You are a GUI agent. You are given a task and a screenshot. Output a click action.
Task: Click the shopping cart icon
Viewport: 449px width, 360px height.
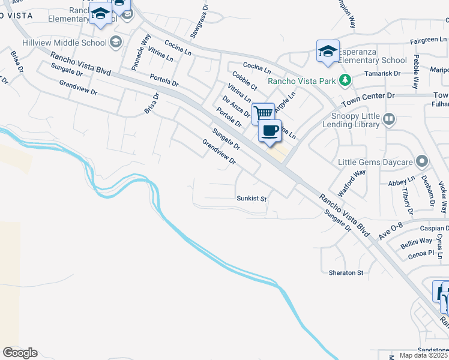pos(263,113)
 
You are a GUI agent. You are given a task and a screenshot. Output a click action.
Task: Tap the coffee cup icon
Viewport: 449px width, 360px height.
pos(270,130)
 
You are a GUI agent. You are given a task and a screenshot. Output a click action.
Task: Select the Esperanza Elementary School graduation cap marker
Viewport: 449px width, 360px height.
pos(328,51)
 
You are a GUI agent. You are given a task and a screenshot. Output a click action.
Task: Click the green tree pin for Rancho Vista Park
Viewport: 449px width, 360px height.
pos(345,80)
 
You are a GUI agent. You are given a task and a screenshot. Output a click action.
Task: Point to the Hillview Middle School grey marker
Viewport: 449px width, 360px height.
pos(115,42)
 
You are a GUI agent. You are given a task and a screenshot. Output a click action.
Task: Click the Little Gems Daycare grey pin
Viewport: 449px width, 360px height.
pos(422,161)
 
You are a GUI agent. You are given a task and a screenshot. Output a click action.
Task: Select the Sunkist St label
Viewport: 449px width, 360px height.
pos(252,197)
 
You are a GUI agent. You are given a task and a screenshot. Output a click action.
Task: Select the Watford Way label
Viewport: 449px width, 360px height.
pos(352,184)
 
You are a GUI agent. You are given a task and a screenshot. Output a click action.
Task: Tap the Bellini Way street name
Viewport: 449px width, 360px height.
pos(417,241)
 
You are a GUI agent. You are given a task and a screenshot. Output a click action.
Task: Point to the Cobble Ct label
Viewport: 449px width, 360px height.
pos(244,82)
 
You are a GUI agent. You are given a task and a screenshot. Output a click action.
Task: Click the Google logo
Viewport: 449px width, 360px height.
pos(20,353)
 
